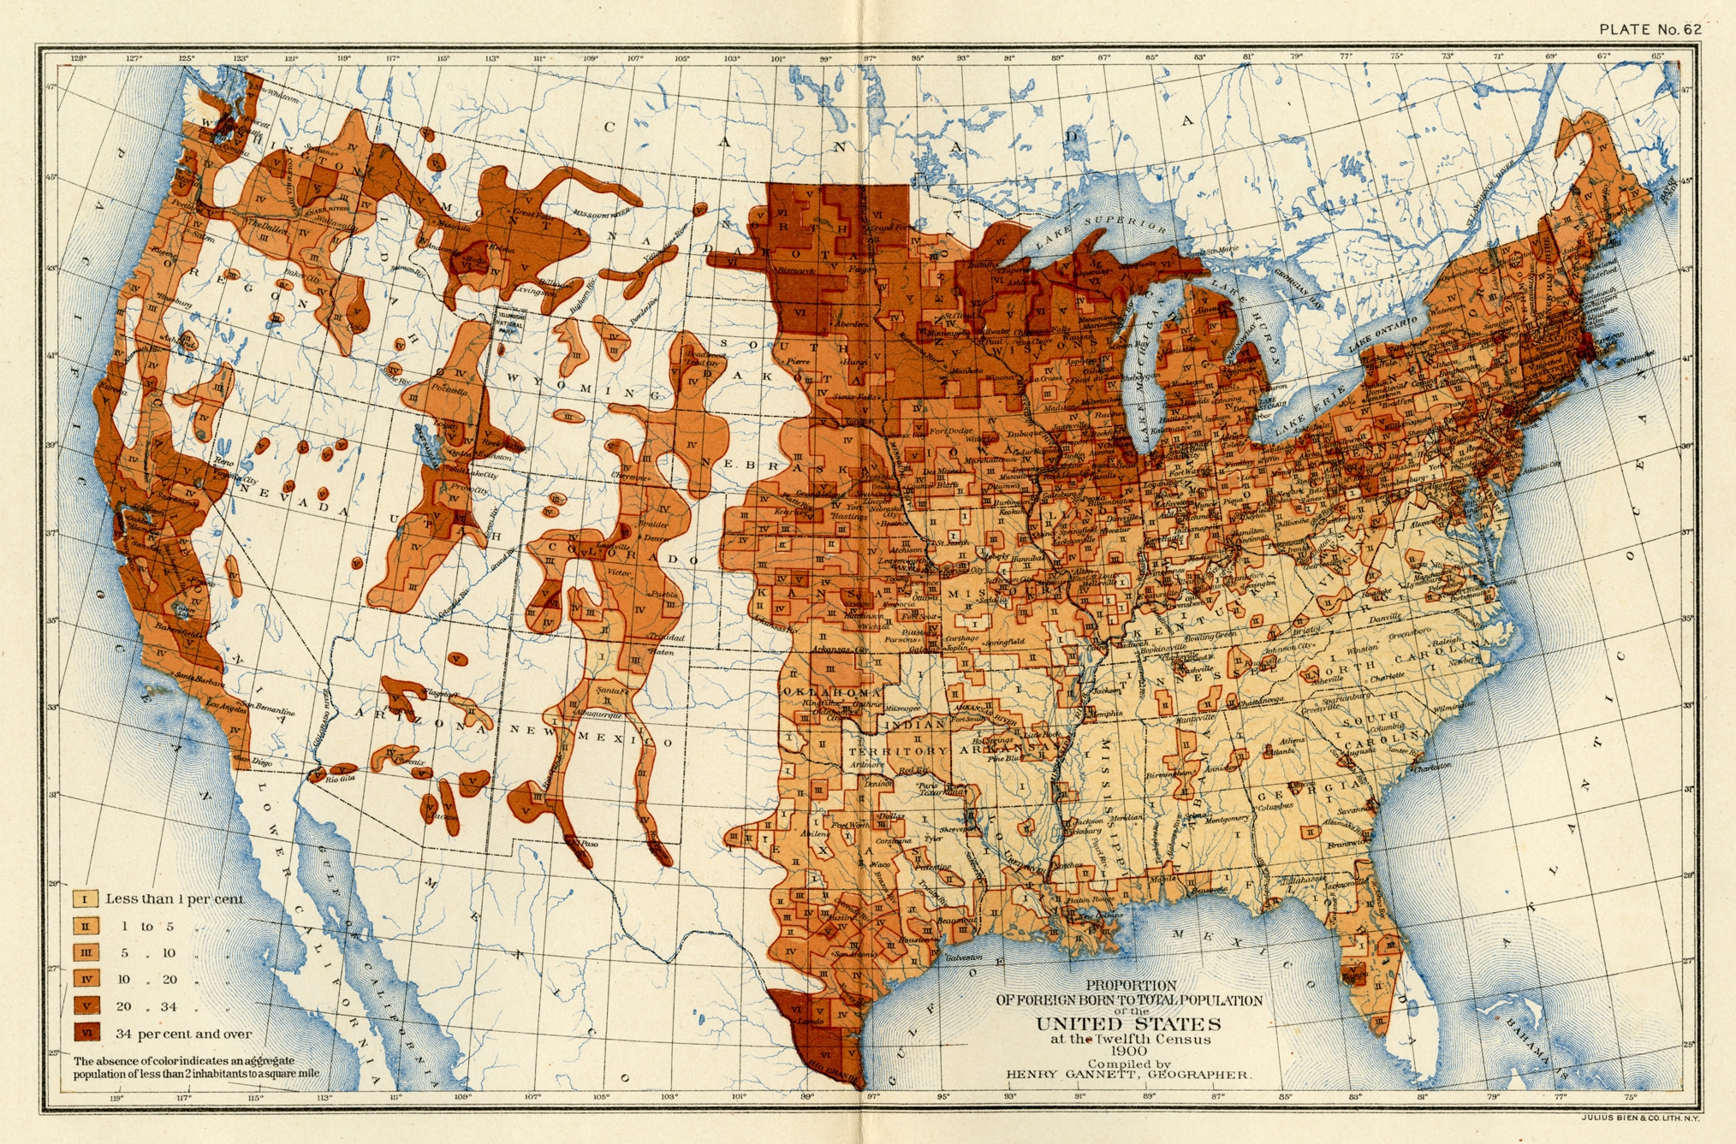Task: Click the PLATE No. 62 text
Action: tap(1650, 29)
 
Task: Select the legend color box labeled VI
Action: tap(86, 1033)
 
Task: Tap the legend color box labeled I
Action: tap(85, 899)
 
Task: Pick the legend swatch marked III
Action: tap(86, 952)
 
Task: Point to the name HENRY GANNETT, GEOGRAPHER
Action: tap(1127, 1075)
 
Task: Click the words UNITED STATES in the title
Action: tap(1128, 1024)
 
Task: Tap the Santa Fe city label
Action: tap(612, 691)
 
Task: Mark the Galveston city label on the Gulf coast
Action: tap(963, 958)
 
